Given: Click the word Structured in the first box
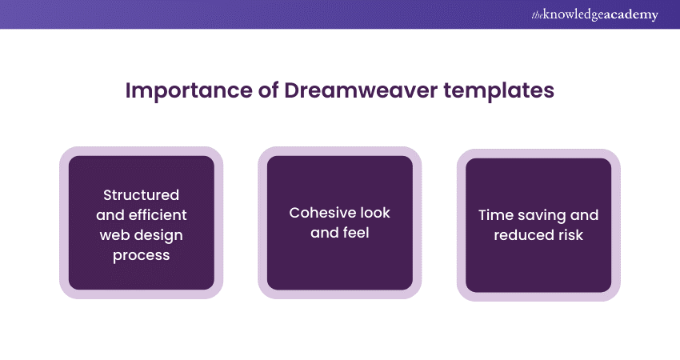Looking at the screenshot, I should [x=141, y=195].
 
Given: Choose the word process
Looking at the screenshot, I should [x=141, y=254].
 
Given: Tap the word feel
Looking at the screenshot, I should [x=357, y=233].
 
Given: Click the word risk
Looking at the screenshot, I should [x=569, y=234].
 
